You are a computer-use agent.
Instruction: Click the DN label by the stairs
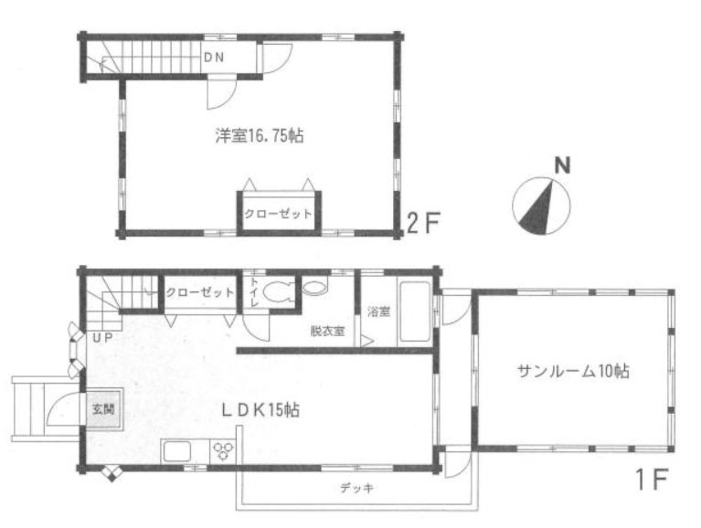(214, 58)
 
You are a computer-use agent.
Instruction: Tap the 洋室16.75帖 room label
(260, 135)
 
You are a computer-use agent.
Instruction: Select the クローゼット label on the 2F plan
(278, 214)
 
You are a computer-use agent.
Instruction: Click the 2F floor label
(423, 223)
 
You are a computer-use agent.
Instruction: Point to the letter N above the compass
(562, 165)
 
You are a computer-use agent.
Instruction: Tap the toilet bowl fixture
(276, 292)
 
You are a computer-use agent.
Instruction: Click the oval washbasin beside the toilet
(314, 286)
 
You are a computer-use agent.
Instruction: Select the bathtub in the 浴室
(414, 312)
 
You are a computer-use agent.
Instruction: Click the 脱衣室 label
(327, 331)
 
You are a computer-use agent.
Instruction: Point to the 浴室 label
(378, 312)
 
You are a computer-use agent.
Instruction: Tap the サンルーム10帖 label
(573, 371)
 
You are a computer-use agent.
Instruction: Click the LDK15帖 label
(260, 410)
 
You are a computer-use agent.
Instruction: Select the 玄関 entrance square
(103, 408)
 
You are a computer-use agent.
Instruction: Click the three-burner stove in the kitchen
(223, 450)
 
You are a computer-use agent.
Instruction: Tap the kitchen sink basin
(177, 451)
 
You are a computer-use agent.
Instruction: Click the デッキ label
(356, 488)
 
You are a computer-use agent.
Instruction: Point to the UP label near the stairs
(102, 338)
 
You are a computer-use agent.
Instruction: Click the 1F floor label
(651, 479)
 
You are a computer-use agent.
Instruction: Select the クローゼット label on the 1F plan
(200, 292)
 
